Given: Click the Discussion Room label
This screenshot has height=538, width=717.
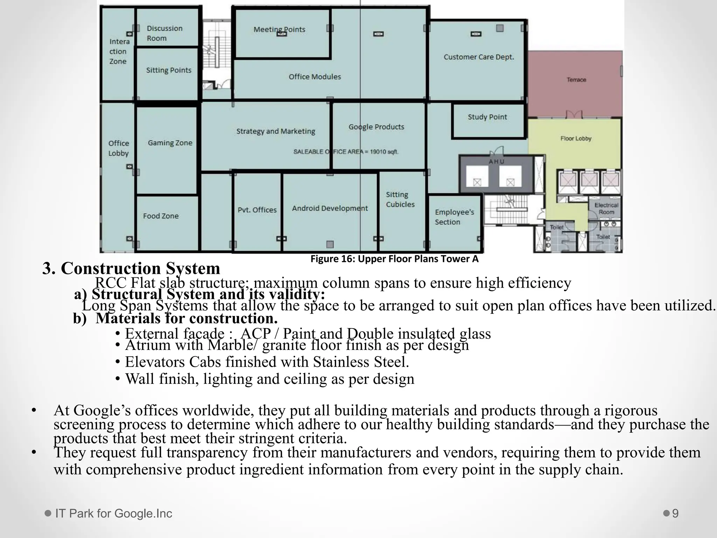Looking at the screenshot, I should pos(164,33).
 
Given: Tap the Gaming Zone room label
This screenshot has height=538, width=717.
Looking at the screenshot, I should pos(170,143).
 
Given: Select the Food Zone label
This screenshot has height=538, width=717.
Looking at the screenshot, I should pos(161,216).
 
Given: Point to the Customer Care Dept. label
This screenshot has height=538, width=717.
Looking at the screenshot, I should pos(479,57).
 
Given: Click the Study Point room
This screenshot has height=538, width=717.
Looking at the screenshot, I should pos(487,117).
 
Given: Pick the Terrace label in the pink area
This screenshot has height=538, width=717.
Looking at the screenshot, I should pos(576,80).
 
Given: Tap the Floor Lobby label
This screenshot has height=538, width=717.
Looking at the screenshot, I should pos(576,139).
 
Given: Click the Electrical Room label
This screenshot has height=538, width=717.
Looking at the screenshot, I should pos(606,209).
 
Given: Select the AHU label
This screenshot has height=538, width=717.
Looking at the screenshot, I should pos(496,161).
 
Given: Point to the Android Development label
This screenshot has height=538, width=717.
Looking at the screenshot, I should pos(330,208).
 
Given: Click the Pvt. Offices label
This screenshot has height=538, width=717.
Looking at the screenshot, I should pos(257,210).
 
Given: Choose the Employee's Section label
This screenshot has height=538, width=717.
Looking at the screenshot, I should pos(454,217).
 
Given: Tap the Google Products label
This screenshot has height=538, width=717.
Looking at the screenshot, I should pos(376,127).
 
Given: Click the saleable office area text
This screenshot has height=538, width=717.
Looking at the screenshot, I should pos(346,152).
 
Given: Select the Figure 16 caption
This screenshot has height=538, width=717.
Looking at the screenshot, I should pos(394,259).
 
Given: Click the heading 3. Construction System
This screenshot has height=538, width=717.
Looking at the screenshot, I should pos(131,269).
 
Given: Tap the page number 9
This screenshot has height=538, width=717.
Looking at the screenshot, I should pos(675,513).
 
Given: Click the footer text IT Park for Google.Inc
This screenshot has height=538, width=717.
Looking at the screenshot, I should pos(113,513).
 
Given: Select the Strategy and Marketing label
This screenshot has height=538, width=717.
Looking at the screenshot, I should pos(276,132).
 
